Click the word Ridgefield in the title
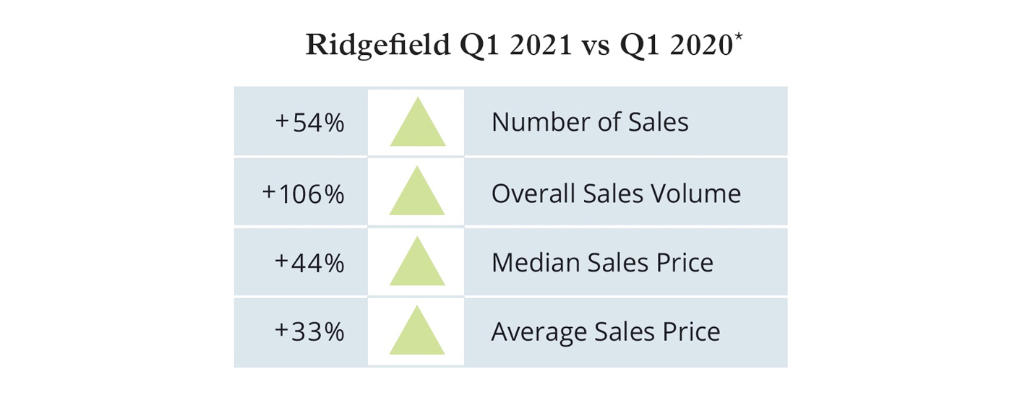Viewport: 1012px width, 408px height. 377,45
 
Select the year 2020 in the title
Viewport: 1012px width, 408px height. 701,45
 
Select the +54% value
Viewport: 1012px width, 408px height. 309,123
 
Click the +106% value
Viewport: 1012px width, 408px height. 303,194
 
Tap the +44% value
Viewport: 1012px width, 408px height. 309,263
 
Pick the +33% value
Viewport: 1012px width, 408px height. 309,332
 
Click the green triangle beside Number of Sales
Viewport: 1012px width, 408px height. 417,125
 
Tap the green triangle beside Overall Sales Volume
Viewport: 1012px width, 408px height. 417,194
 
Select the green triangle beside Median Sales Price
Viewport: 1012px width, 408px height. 417,264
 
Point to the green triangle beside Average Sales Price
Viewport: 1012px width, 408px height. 417,333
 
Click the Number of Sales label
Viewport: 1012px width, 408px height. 590,122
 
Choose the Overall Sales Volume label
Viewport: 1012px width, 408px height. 616,194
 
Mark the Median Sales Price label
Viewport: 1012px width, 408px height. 602,263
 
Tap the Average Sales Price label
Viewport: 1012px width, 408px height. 606,332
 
